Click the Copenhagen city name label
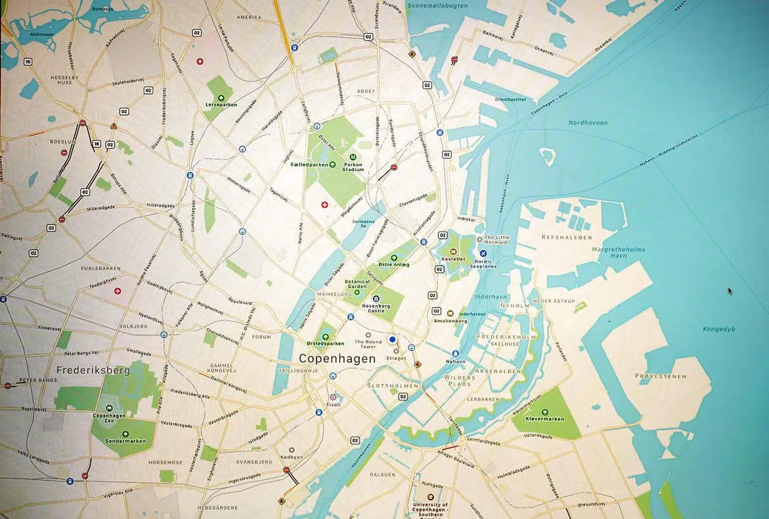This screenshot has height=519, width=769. click(337, 359)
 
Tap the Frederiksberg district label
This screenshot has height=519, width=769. click(93, 370)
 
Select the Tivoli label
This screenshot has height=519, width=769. click(333, 405)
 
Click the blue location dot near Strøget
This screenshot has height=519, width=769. click(393, 339)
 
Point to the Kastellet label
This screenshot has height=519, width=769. click(453, 259)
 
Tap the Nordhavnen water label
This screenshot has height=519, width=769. click(588, 123)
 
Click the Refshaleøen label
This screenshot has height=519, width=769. click(567, 237)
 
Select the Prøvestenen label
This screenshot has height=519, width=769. click(661, 376)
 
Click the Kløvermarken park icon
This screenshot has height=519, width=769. click(545, 412)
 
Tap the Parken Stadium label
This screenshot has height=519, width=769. click(353, 167)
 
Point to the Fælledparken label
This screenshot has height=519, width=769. click(310, 165)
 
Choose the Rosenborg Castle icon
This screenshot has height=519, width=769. click(376, 298)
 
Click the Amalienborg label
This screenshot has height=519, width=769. click(450, 321)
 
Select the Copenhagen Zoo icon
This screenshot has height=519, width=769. click(109, 408)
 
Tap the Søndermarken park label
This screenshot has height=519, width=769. click(125, 441)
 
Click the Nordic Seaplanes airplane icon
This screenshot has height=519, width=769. click(484, 253)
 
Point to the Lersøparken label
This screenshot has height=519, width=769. click(221, 105)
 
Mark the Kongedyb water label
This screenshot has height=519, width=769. click(719, 329)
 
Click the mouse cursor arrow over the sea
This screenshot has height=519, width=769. click(729, 290)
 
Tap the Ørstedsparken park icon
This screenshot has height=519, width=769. click(325, 337)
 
